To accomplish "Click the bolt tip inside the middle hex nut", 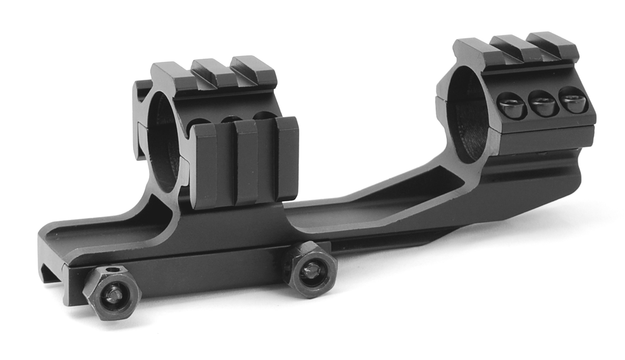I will (x=312, y=271).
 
